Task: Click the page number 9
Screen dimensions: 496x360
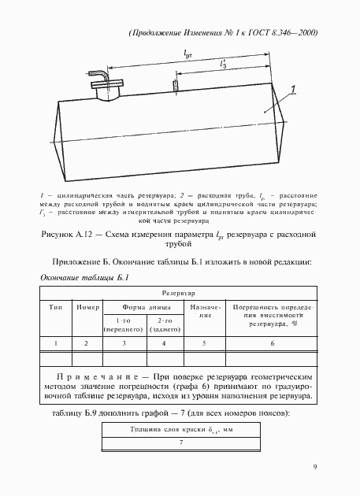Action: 314,467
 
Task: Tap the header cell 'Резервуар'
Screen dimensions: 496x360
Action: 179,291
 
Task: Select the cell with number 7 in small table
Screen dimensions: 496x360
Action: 180,442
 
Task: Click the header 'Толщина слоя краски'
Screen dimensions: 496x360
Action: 180,428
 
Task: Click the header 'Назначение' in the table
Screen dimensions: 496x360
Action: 203,309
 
